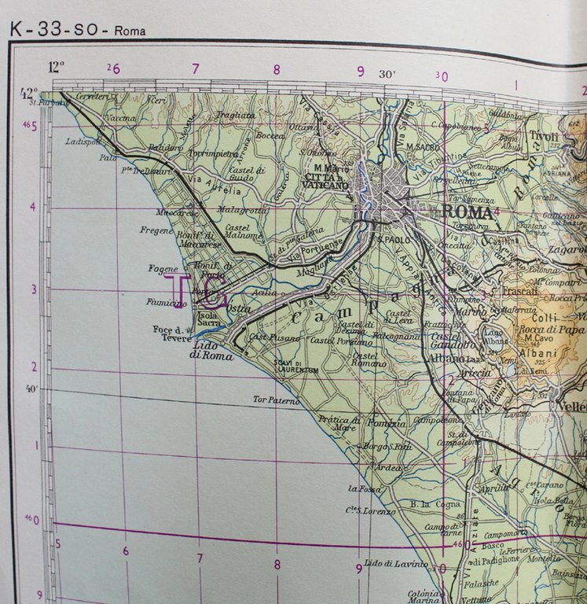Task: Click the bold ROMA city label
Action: [x=468, y=212]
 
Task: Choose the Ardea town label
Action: [x=389, y=467]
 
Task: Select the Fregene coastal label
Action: [x=156, y=230]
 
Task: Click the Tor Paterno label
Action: [x=276, y=400]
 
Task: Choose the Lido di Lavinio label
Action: [x=396, y=564]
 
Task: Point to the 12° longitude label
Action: [x=55, y=67]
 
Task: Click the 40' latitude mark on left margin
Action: [x=31, y=388]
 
